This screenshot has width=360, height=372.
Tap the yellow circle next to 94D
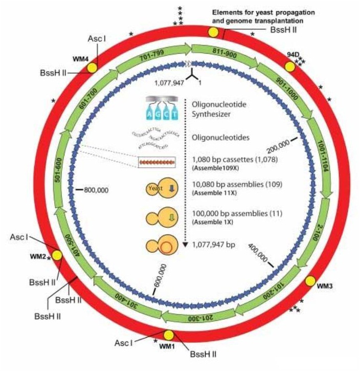pyautogui.click(x=290, y=67)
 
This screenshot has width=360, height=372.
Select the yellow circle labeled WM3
pyautogui.click(x=311, y=281)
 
